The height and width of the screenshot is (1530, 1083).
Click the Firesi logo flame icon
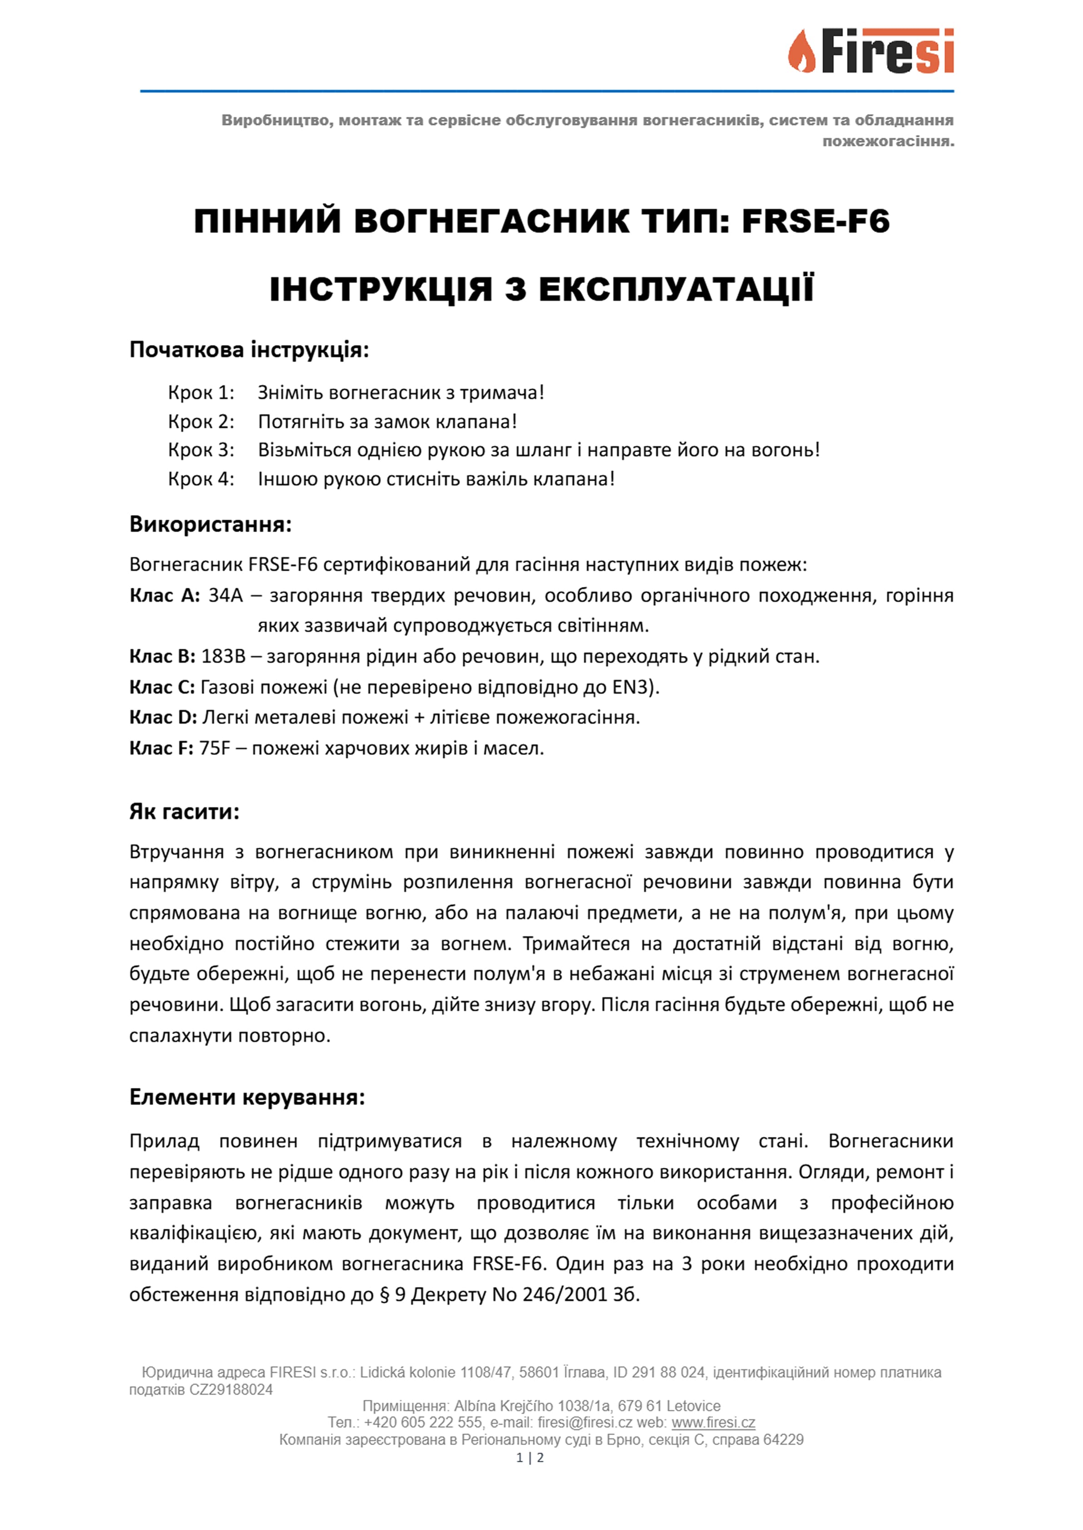coord(802,51)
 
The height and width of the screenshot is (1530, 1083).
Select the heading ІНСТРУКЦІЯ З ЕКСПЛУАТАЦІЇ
coord(541,289)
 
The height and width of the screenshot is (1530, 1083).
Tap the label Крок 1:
coord(201,392)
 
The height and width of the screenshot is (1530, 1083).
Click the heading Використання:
coord(210,524)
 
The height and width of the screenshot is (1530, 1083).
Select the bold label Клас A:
coord(164,595)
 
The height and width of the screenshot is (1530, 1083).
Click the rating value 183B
coord(223,656)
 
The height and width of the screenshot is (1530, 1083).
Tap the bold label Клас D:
coord(163,718)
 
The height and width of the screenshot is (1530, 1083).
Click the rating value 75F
coord(214,748)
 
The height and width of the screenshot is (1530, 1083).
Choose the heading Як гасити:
coord(184,812)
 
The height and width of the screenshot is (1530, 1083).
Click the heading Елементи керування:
coord(247,1097)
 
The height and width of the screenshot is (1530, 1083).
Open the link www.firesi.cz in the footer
coord(713,1423)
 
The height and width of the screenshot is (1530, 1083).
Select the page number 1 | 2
coord(530,1457)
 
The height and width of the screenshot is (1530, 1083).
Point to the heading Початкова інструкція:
coord(249,349)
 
